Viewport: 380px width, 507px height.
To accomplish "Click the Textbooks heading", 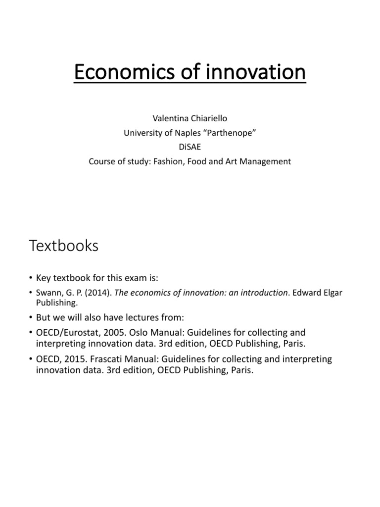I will (64, 246).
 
